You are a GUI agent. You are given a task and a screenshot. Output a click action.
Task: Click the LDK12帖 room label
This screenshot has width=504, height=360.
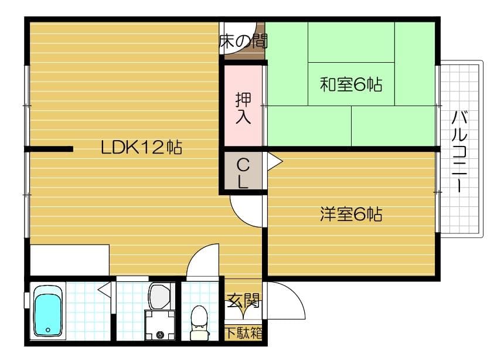coord(141,147)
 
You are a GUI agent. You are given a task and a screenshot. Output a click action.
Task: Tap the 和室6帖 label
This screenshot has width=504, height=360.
coord(350,85)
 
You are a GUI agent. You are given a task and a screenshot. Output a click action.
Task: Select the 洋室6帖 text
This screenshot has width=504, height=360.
coord(350,215)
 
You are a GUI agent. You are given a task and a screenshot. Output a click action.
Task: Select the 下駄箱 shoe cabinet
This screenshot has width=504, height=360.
coord(243,333)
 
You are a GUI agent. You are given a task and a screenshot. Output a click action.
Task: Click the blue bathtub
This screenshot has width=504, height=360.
coord(49,311)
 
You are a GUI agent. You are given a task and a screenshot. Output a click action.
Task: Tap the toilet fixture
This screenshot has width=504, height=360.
coord(200,322)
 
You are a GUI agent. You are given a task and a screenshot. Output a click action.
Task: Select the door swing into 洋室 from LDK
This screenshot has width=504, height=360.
coord(246,211)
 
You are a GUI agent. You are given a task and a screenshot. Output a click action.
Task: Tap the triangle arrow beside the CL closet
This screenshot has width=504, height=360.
coord(274,160)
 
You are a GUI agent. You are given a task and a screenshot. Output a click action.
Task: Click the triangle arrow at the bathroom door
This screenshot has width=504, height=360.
coord(104,289)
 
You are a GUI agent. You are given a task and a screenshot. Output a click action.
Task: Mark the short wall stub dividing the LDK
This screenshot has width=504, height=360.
coord(50,149)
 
